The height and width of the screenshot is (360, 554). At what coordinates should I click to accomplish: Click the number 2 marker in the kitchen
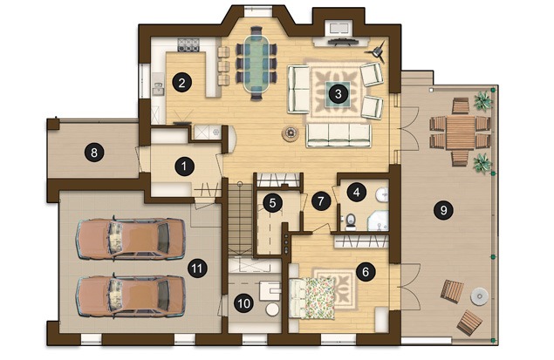pos(182,83)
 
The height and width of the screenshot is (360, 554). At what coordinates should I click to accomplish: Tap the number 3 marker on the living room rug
pos(339,94)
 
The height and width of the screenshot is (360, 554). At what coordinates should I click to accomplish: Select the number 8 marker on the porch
pos(94,153)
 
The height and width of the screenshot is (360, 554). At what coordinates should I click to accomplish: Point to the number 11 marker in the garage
pos(197,268)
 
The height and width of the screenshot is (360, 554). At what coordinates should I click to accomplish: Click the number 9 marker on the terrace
pos(443,210)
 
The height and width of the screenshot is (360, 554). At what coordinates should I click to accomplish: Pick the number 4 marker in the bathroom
pos(357,193)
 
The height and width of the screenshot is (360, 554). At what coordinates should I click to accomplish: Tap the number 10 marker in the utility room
pos(243,303)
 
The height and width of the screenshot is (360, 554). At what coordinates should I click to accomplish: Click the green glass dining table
pos(256,63)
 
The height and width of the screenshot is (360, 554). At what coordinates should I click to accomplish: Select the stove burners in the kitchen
pos(188,44)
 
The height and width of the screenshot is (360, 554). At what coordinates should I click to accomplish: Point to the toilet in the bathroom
pos(350,221)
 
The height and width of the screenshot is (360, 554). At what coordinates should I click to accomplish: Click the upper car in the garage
pos(131,238)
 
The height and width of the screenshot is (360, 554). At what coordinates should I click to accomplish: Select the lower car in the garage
pos(131,296)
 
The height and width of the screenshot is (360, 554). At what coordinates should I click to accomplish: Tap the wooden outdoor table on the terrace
pos(460,132)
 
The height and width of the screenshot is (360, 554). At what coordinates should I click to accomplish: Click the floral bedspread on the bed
pos(320,298)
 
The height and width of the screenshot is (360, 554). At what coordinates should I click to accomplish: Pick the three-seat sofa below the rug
pos(339,135)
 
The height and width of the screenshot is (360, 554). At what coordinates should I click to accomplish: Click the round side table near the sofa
pos(291,133)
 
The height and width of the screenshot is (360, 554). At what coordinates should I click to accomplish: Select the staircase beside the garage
pos(240,218)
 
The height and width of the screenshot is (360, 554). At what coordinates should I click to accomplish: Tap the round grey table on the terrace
pos(480,295)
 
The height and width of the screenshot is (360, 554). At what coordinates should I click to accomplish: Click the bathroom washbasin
pos(381,195)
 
